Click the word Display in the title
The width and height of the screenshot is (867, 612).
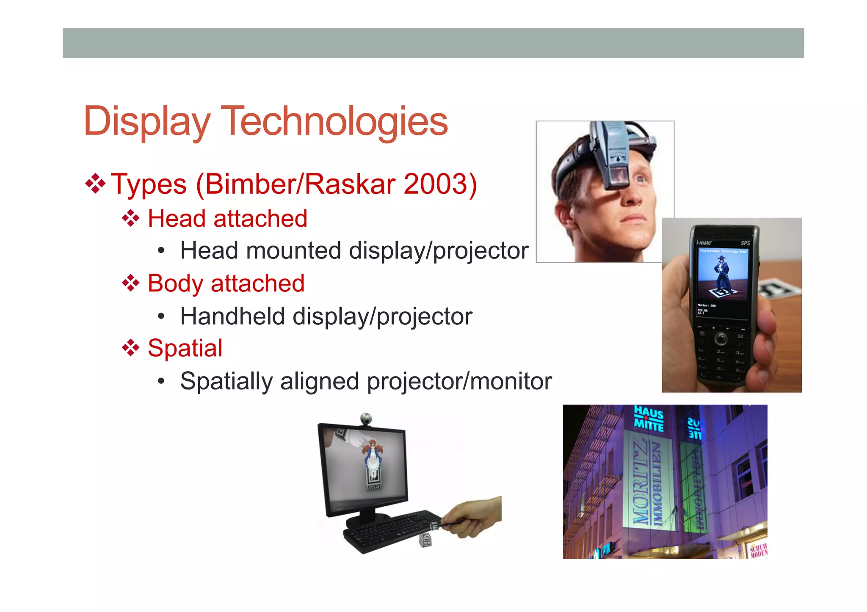[146, 122]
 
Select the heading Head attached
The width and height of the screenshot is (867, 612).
[227, 219]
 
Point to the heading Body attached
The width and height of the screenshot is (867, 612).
[226, 283]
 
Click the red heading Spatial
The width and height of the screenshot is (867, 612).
[185, 348]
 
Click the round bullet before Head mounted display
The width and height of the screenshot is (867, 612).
[160, 251]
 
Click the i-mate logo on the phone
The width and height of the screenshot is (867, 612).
[704, 243]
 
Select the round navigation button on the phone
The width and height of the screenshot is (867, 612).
[721, 338]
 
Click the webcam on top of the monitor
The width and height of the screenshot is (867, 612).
[366, 418]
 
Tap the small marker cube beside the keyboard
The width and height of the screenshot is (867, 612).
[425, 540]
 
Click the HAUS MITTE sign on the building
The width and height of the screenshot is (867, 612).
[648, 418]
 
